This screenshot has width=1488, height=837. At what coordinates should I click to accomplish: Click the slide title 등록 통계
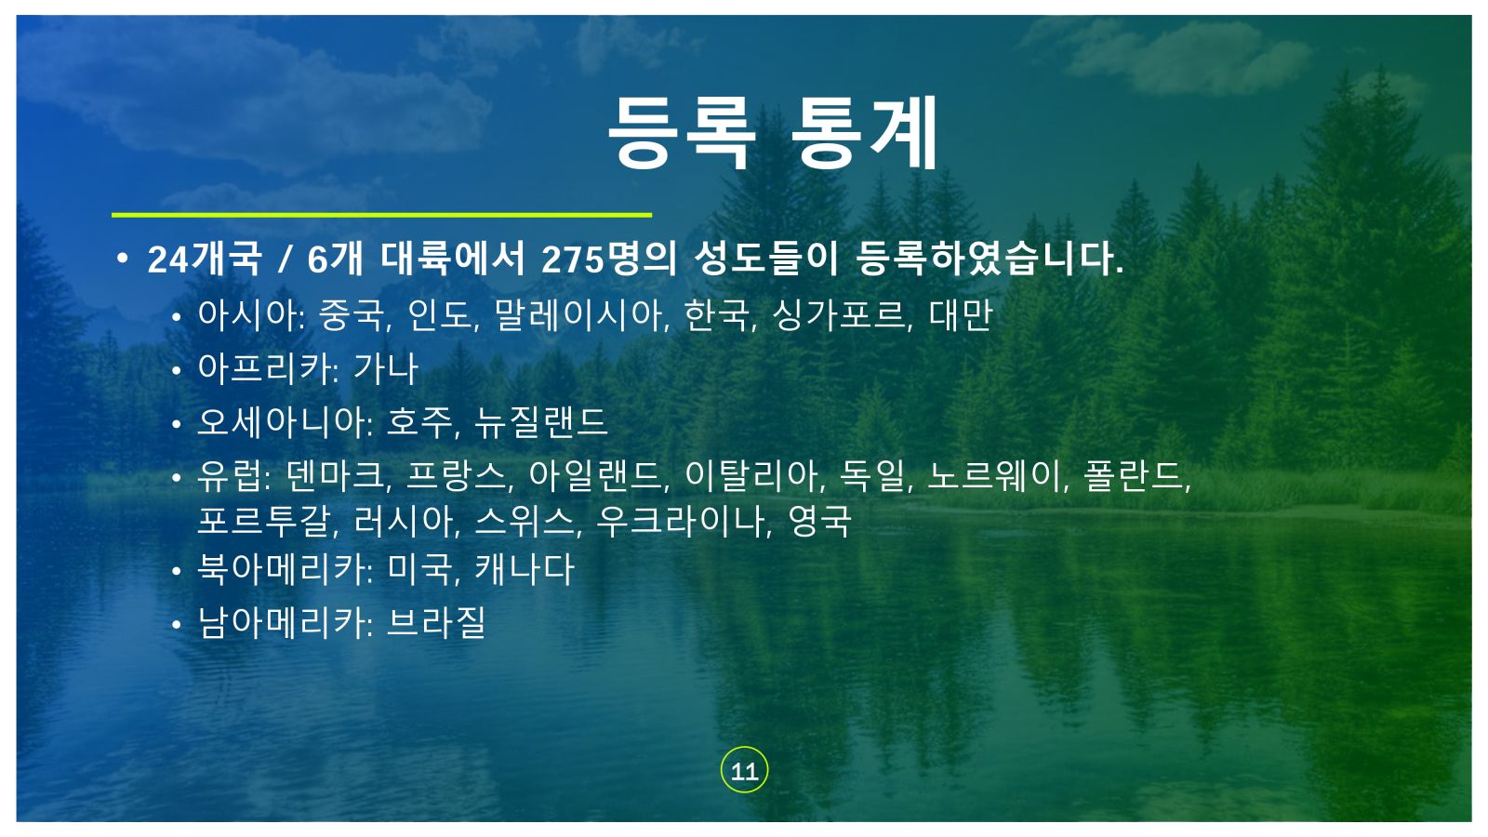click(773, 133)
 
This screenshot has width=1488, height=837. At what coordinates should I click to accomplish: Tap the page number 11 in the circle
click(744, 771)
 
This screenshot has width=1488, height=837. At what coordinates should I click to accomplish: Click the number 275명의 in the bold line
click(609, 259)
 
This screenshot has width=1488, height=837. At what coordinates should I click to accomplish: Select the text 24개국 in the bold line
click(205, 259)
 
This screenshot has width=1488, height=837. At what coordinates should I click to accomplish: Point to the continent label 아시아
click(248, 315)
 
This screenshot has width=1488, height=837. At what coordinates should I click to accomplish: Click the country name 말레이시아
click(578, 315)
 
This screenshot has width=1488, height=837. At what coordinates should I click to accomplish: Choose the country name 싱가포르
click(838, 315)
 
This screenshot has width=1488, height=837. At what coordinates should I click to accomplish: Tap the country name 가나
click(386, 368)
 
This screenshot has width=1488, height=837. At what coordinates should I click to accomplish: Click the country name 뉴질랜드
click(541, 422)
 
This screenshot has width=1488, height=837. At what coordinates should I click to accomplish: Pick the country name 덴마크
click(336, 476)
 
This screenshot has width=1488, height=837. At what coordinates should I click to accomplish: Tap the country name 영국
click(819, 521)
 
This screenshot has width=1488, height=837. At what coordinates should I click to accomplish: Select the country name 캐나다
click(525, 569)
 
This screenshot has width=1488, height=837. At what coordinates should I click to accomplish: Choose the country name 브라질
click(436, 623)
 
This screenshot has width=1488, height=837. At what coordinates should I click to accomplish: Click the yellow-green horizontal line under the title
click(381, 215)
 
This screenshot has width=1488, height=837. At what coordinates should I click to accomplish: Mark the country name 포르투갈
click(264, 521)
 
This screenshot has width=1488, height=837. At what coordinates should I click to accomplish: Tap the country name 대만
click(961, 315)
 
